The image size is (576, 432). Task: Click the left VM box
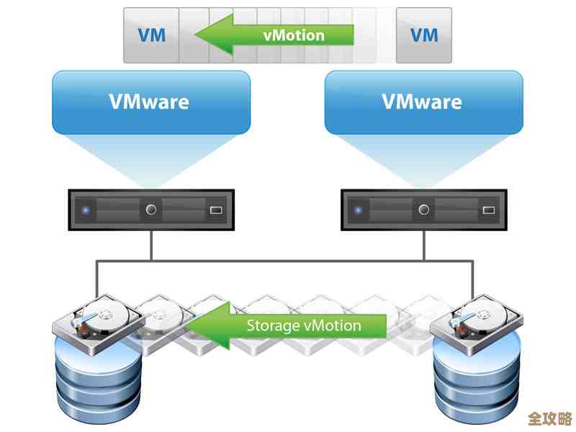[x=150, y=35]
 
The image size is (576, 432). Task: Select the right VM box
[x=424, y=35]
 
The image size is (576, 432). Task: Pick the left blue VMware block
[x=150, y=102]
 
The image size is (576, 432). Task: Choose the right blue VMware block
[x=423, y=102]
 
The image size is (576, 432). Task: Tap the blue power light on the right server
[x=359, y=210]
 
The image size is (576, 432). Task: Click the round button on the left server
[x=151, y=210]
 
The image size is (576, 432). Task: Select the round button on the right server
[x=423, y=210]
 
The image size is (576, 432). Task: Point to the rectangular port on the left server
[x=216, y=211]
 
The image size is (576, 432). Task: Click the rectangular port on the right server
[x=488, y=211]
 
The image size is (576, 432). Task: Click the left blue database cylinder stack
[x=98, y=382]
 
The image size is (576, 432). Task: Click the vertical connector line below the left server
[x=151, y=246]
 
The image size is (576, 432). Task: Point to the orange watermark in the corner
[x=549, y=418]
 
